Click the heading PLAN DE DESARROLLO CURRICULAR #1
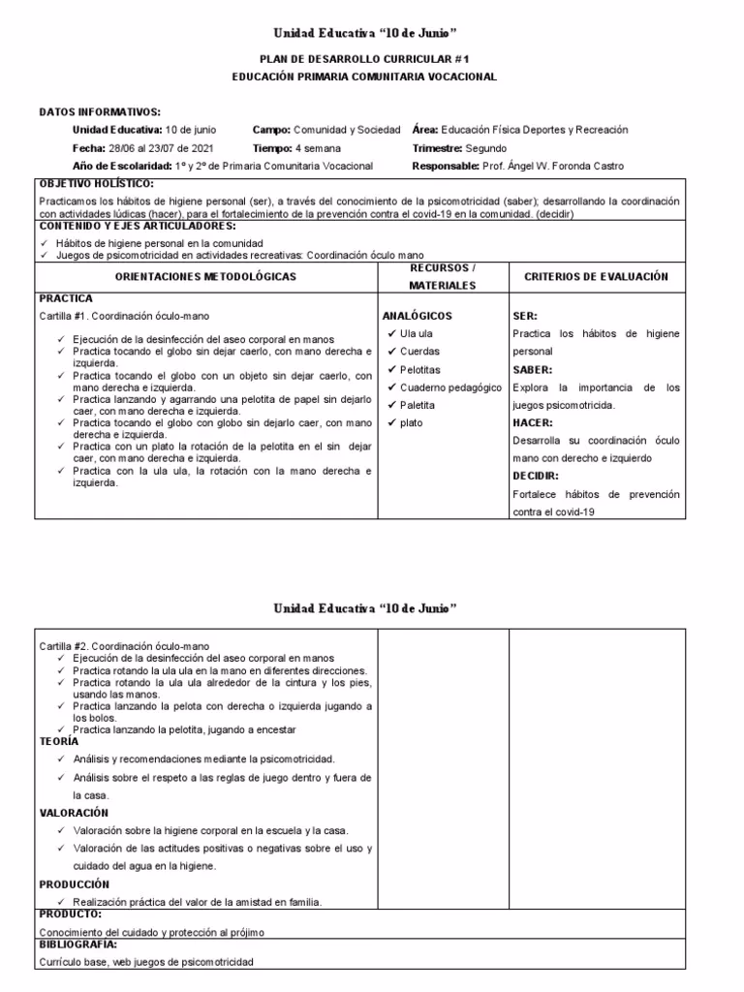(x=364, y=59)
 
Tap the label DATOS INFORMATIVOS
(x=100, y=112)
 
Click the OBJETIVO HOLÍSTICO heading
(x=96, y=183)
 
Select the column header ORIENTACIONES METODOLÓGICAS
(x=205, y=277)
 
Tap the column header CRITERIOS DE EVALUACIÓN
(x=596, y=277)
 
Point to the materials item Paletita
(x=418, y=405)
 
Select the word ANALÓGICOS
(x=418, y=316)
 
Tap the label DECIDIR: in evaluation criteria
(x=535, y=476)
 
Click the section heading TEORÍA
(x=60, y=741)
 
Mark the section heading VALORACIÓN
(x=74, y=813)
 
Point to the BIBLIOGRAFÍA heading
(x=78, y=945)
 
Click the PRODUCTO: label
(x=71, y=914)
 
